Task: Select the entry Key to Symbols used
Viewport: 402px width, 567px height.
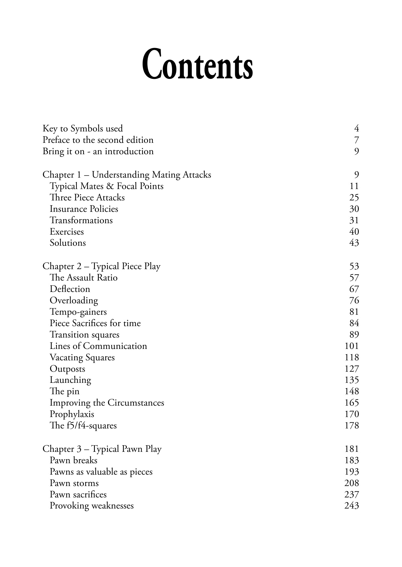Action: pyautogui.click(x=83, y=129)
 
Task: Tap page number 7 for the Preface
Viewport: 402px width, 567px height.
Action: pyautogui.click(x=356, y=140)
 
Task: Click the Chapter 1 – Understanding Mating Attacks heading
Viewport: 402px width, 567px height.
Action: pyautogui.click(x=127, y=175)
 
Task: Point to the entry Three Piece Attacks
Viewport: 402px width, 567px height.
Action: pyautogui.click(x=87, y=198)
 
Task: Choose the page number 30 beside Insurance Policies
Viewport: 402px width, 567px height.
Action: pyautogui.click(x=354, y=209)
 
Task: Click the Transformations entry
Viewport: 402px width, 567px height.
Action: pyautogui.click(x=81, y=220)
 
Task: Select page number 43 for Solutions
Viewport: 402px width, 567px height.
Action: pyautogui.click(x=354, y=243)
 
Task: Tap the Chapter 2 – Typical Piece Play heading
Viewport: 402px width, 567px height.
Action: pyautogui.click(x=101, y=266)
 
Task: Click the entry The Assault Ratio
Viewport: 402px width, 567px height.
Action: pyautogui.click(x=83, y=278)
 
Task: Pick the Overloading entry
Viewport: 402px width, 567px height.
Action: pyautogui.click(x=74, y=301)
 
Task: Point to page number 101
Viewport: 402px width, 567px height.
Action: pyautogui.click(x=352, y=346)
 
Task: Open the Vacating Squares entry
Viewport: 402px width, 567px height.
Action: pyautogui.click(x=82, y=358)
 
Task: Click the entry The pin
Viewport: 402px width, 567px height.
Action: pyautogui.click(x=65, y=391)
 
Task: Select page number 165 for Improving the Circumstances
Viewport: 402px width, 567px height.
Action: pyautogui.click(x=352, y=403)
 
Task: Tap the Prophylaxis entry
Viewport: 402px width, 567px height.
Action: pyautogui.click(x=72, y=414)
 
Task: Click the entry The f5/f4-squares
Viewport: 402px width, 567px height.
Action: pyautogui.click(x=83, y=426)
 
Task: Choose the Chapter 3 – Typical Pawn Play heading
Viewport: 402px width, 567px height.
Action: pyautogui.click(x=102, y=449)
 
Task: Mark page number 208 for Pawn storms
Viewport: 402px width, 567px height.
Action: pyautogui.click(x=352, y=483)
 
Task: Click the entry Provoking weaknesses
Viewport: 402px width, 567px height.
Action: pyautogui.click(x=92, y=506)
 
